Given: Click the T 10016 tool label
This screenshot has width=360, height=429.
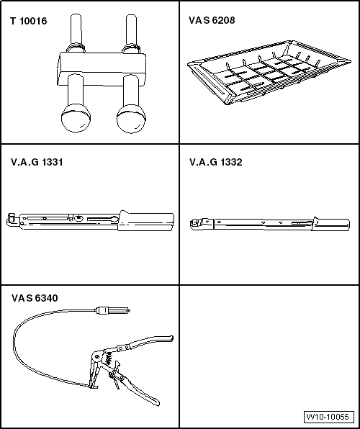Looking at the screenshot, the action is pyautogui.click(x=29, y=21).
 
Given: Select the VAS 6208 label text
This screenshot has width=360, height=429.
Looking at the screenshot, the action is pyautogui.click(x=212, y=20).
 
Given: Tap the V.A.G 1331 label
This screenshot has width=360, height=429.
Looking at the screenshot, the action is pyautogui.click(x=37, y=162).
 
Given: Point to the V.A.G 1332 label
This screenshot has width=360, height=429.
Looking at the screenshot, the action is pyautogui.click(x=216, y=162).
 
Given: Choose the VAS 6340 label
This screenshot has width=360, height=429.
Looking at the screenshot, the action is pyautogui.click(x=35, y=298).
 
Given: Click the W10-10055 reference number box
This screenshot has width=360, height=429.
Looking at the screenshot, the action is pyautogui.click(x=329, y=417).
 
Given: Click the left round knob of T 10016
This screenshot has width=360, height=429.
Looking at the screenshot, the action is pyautogui.click(x=76, y=119).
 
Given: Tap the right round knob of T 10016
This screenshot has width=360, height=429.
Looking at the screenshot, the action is pyautogui.click(x=131, y=119).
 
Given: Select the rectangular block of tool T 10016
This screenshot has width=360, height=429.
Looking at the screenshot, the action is pyautogui.click(x=102, y=68).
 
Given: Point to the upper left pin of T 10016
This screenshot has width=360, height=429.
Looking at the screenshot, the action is pyautogui.click(x=76, y=31).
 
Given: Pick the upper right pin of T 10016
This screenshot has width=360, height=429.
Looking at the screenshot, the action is pyautogui.click(x=132, y=31).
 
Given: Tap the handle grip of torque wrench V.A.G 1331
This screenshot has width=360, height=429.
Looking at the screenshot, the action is pyautogui.click(x=146, y=221).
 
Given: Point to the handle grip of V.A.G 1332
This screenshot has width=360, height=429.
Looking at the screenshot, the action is pyautogui.click(x=331, y=225).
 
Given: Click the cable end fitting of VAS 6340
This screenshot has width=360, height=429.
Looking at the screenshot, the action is pyautogui.click(x=112, y=311).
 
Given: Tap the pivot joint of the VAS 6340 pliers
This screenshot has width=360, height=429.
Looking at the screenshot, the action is pyautogui.click(x=96, y=357).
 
